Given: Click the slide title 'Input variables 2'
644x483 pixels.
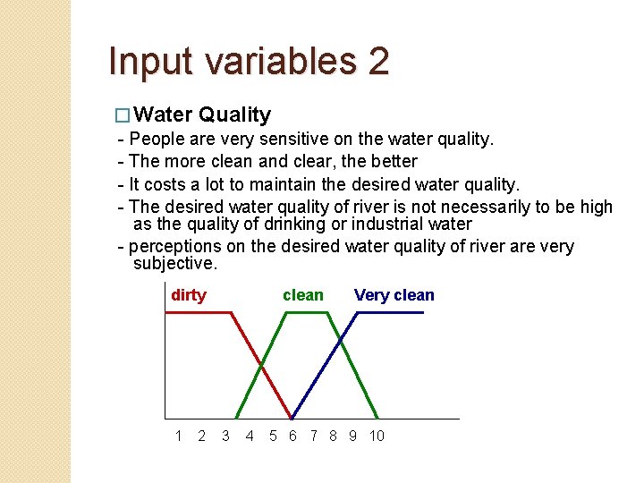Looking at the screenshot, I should pyautogui.click(x=249, y=61).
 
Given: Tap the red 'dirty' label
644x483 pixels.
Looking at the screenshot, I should pyautogui.click(x=188, y=295).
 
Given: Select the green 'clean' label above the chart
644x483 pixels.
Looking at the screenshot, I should pyautogui.click(x=303, y=295).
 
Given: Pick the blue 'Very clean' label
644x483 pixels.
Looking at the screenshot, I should pyautogui.click(x=394, y=295).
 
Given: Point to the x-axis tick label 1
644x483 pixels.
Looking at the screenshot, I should pyautogui.click(x=179, y=436).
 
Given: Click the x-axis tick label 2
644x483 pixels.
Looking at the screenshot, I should pyautogui.click(x=201, y=436).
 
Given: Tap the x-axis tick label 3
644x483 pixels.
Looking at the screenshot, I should pyautogui.click(x=225, y=436).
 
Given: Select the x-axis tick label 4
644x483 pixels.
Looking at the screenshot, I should pyautogui.click(x=250, y=436).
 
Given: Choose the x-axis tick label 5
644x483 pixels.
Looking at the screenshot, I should pyautogui.click(x=273, y=436).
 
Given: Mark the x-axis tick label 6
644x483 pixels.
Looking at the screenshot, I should pyautogui.click(x=292, y=436).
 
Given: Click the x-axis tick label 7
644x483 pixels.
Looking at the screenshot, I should pyautogui.click(x=313, y=436).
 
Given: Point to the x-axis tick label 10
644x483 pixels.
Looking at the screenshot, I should pyautogui.click(x=377, y=436).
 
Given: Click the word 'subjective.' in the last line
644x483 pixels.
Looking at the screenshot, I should pyautogui.click(x=174, y=264).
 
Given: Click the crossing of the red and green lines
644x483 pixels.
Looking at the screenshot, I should pyautogui.click(x=261, y=364).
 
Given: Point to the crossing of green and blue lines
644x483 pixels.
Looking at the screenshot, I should pyautogui.click(x=339, y=339).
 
